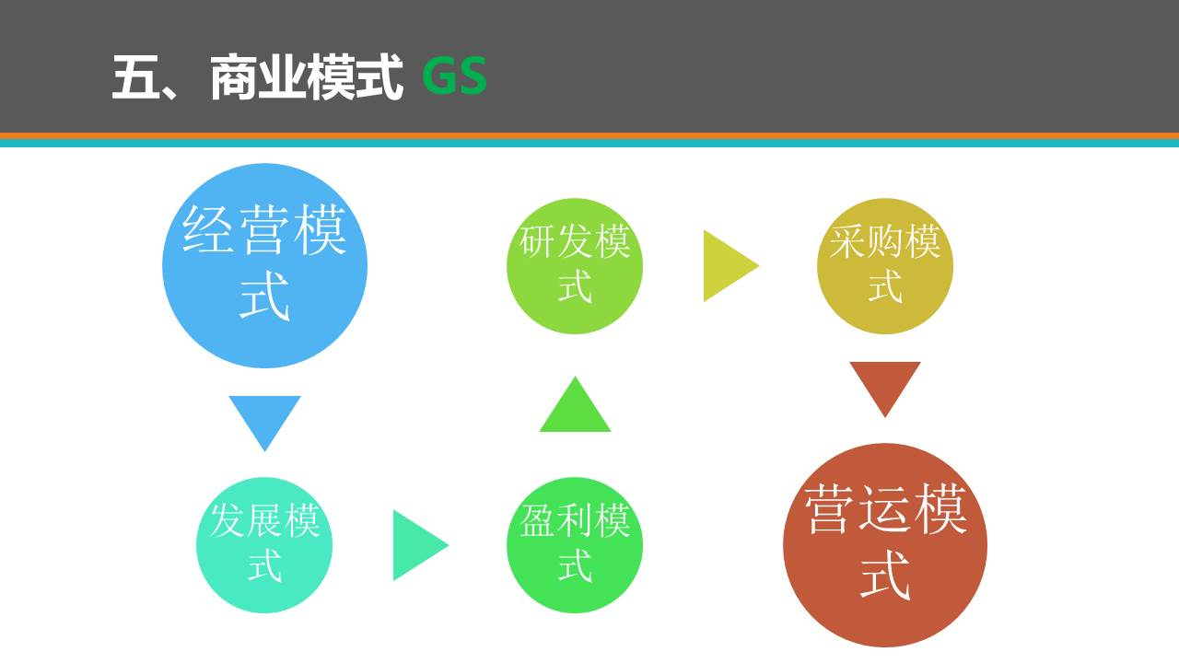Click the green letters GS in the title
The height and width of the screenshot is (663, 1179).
[x=455, y=76]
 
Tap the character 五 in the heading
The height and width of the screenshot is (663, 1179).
[x=135, y=76]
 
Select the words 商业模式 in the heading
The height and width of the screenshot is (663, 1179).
[x=307, y=76]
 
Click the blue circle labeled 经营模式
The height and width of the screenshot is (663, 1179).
[x=264, y=266]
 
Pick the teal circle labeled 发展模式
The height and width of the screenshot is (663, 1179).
[x=264, y=545]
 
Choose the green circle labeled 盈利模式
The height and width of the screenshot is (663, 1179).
[x=575, y=545]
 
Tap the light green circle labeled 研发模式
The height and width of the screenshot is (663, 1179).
[x=575, y=266]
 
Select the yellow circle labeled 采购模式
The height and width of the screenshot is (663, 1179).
[x=885, y=266]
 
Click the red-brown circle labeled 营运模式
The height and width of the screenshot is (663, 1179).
[x=885, y=545]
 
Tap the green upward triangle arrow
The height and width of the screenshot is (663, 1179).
[x=576, y=410]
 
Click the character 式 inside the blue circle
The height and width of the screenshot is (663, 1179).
[x=264, y=296]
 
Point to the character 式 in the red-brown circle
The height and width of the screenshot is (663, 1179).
[x=885, y=575]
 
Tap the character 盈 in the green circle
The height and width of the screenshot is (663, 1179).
[x=538, y=520]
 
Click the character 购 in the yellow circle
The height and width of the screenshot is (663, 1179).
[x=885, y=241]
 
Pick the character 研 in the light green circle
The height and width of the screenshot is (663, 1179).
[x=538, y=241]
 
